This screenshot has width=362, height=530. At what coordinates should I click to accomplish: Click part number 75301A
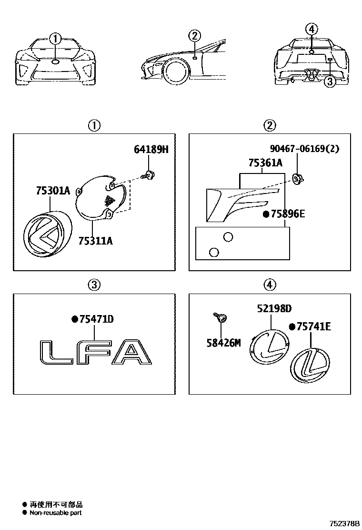click(x=52, y=191)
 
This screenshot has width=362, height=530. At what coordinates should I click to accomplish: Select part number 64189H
click(x=151, y=150)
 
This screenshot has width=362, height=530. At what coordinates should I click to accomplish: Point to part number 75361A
click(x=265, y=163)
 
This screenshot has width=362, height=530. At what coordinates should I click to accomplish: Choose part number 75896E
click(x=287, y=214)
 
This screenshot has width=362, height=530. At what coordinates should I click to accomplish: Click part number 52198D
click(x=274, y=308)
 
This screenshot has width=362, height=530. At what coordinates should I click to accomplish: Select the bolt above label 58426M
click(x=221, y=316)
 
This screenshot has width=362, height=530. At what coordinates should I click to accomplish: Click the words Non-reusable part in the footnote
click(x=55, y=513)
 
